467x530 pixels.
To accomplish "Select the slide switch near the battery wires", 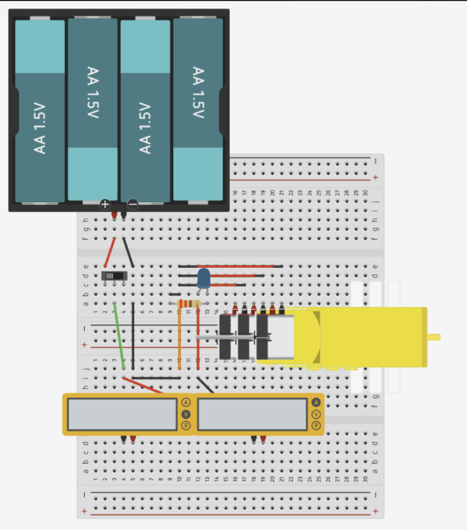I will pyautogui.click(x=114, y=276).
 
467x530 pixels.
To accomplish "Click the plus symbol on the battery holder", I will pyautogui.click(x=105, y=204).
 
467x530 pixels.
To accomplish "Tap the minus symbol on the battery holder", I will pyautogui.click(x=133, y=204).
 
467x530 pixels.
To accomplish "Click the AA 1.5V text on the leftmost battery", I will pyautogui.click(x=40, y=129).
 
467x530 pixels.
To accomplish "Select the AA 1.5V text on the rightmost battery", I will pyautogui.click(x=198, y=93).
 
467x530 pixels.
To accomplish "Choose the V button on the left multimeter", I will pyautogui.click(x=186, y=414).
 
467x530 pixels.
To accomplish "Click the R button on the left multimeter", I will pyautogui.click(x=186, y=425).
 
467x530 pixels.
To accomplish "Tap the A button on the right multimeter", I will pyautogui.click(x=316, y=402).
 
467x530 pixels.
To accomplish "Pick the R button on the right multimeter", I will pyautogui.click(x=316, y=425).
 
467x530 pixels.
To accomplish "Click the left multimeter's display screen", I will pyautogui.click(x=122, y=414).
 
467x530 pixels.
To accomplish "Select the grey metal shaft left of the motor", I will pyautogui.click(x=210, y=337).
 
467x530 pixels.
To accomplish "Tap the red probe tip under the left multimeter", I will pyautogui.click(x=133, y=439).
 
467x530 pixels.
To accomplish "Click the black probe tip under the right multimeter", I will pyautogui.click(x=254, y=439).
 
